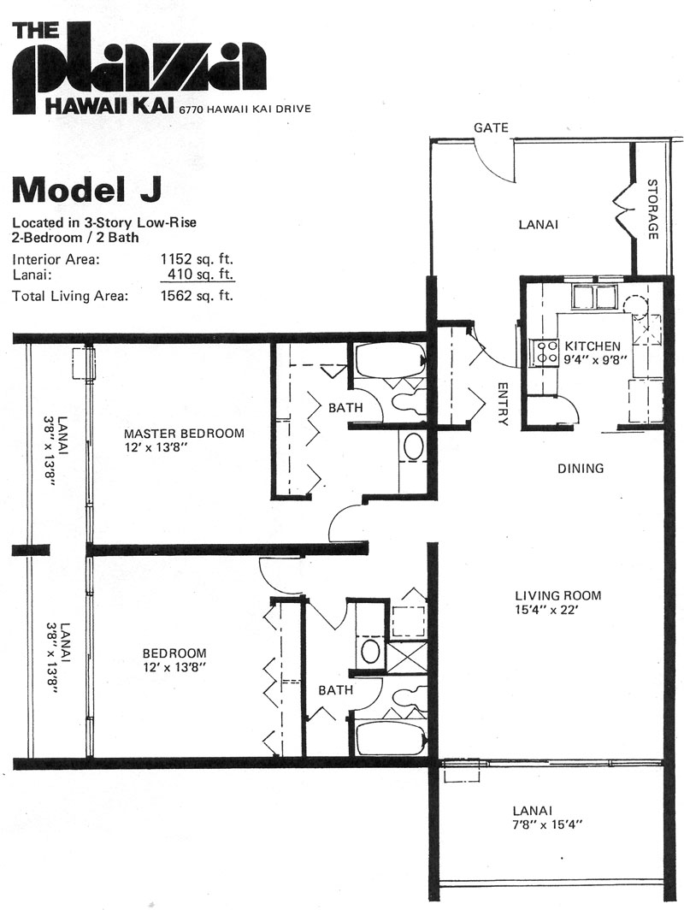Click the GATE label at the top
coord(491,127)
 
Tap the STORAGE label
coord(652,209)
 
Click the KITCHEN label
coord(593,346)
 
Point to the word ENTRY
coord(503,404)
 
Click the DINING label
coord(581,469)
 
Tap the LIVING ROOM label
coord(558,595)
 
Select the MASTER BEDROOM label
coord(185,434)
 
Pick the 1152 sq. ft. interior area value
coord(197,259)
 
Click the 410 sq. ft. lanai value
coord(200,273)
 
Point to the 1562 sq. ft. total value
coord(197,295)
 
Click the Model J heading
coord(87,190)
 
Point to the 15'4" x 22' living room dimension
coord(548,610)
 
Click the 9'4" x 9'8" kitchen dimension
coord(597,359)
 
